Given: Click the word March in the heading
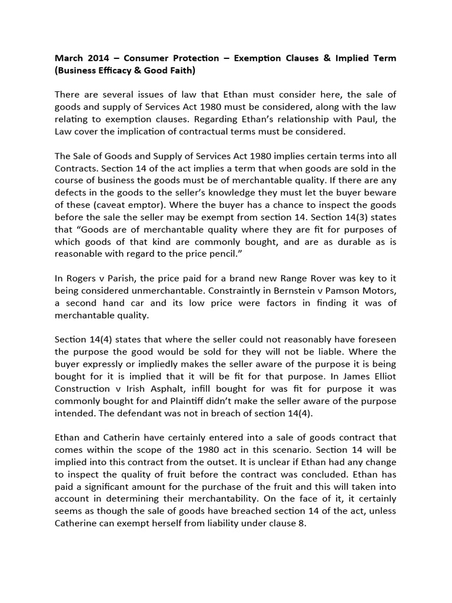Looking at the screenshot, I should tap(70, 58).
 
